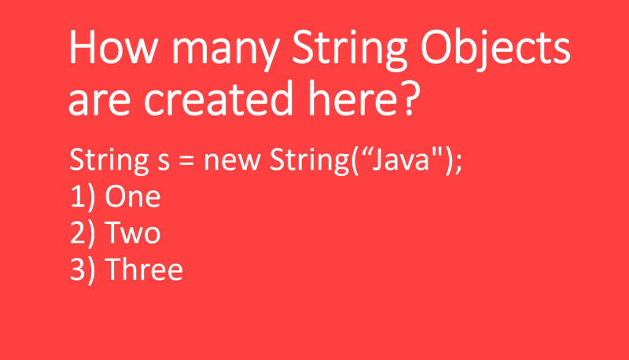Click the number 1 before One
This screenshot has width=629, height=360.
pos(77,197)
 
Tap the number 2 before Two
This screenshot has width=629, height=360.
pos(78,233)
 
